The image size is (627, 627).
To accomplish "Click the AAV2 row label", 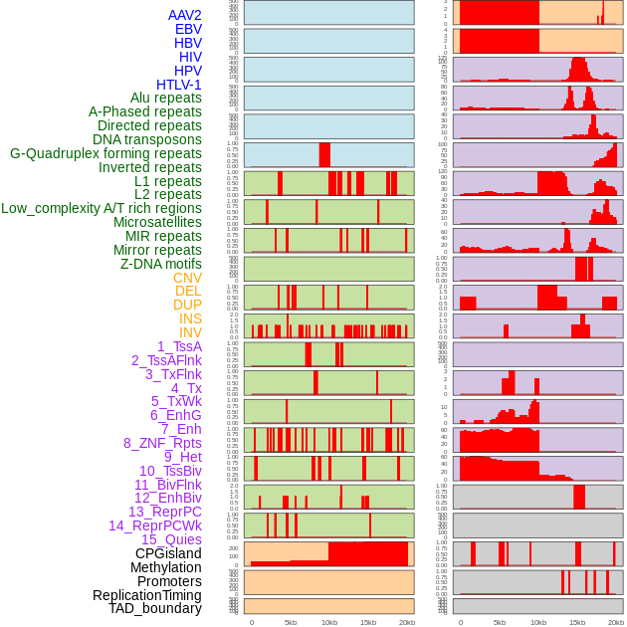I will tap(184, 15).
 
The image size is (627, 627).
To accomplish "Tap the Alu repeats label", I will tap(165, 99).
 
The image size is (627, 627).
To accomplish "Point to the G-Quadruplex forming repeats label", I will tap(105, 153).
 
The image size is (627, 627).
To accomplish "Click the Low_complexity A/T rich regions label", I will tap(102, 208).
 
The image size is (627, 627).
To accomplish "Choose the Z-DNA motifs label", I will tap(160, 264).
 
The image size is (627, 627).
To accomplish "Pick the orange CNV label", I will tap(187, 278).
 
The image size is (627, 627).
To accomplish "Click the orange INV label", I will tap(190, 332).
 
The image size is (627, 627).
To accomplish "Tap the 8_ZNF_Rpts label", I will tap(162, 443).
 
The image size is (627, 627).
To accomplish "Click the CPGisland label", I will tap(168, 553).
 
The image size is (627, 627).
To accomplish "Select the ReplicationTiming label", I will tap(146, 595).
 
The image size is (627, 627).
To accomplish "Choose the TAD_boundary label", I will tap(155, 608).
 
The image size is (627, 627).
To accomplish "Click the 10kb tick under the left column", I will tap(328, 622).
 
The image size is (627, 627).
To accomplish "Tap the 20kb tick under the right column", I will tap(616, 622).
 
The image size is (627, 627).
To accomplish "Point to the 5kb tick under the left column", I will tap(291, 622).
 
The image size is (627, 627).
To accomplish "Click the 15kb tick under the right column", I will tap(576, 622).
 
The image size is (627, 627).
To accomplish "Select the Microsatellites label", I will tap(157, 222).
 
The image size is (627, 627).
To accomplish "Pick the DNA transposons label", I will tap(147, 139).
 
